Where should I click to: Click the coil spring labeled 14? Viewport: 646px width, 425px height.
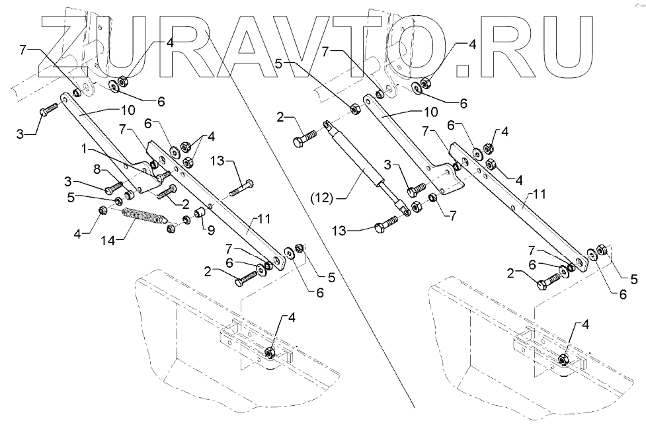pyautogui.click(x=145, y=217)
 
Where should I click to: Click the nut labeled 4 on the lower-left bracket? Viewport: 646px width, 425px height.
pyautogui.click(x=270, y=352)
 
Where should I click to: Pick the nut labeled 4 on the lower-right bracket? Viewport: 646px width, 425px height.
pyautogui.click(x=563, y=359)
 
